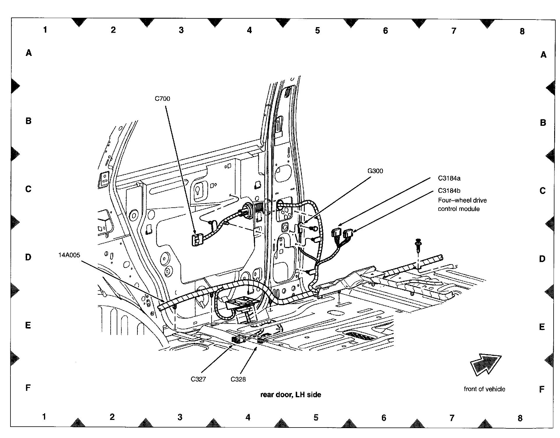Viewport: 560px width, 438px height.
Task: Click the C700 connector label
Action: (x=162, y=99)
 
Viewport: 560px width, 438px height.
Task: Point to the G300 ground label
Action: (x=375, y=171)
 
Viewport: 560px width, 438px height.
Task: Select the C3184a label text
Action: (x=449, y=178)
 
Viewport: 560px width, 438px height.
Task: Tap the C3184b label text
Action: (x=449, y=191)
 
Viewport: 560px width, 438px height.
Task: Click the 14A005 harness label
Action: (x=69, y=255)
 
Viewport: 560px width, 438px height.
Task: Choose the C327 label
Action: (x=198, y=379)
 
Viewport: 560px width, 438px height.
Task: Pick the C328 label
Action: (x=238, y=379)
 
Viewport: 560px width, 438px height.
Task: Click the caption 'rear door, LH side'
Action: (x=290, y=395)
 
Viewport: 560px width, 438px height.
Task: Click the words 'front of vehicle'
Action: (x=484, y=389)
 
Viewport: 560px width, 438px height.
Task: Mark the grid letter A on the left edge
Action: (x=29, y=53)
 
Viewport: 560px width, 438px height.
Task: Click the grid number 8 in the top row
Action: (x=522, y=31)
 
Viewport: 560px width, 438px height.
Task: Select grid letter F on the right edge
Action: (x=542, y=389)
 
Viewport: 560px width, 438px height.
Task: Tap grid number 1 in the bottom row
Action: (x=44, y=417)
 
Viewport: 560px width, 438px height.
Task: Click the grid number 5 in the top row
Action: (x=317, y=30)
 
